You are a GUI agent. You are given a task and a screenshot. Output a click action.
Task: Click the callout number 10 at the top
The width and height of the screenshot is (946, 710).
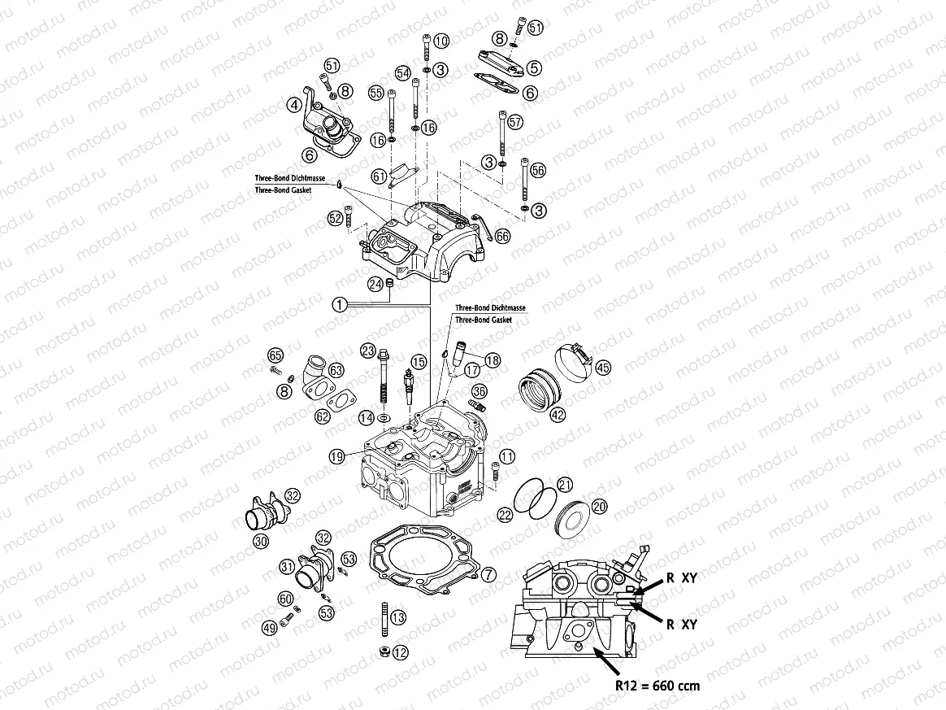(440, 41)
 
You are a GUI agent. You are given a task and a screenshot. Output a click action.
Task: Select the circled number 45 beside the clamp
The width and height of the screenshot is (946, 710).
(602, 368)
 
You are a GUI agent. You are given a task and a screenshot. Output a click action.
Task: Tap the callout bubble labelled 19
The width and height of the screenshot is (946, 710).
(337, 457)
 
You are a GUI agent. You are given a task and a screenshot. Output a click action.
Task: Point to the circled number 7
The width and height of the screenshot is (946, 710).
(488, 574)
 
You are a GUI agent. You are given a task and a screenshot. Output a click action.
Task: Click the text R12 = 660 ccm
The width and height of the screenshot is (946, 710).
(657, 686)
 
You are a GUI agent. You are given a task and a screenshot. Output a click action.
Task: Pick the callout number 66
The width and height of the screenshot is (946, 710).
(501, 236)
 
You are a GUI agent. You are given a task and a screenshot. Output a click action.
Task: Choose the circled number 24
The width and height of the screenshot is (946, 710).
(375, 284)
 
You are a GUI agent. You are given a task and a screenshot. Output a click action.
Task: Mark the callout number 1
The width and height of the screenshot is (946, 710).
(340, 304)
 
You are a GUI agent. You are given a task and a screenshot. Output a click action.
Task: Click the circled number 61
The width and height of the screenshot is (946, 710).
(380, 176)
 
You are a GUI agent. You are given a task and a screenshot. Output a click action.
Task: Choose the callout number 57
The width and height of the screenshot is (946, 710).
(514, 122)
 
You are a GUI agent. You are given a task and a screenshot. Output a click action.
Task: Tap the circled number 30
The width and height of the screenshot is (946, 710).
(259, 541)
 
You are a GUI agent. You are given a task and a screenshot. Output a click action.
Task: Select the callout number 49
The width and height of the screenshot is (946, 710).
(270, 627)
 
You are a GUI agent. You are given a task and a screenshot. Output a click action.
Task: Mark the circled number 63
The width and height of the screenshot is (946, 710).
(336, 370)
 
